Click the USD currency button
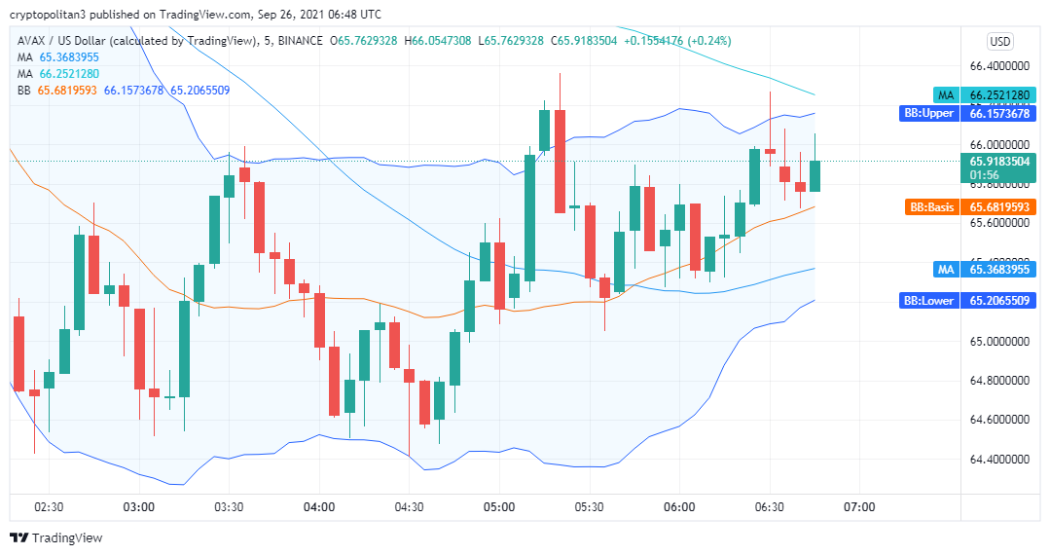[999, 41]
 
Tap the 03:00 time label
[139, 506]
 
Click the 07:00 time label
[859, 506]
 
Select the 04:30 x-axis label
[409, 506]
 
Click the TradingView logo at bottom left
[55, 537]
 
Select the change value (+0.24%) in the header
[710, 41]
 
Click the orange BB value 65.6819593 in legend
[67, 90]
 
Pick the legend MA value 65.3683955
[69, 57]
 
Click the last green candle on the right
[815, 175]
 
